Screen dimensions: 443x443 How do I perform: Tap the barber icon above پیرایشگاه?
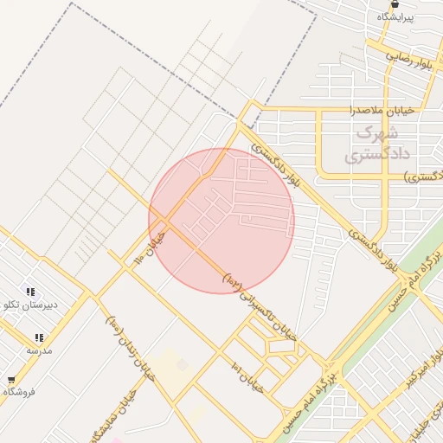click(395, 4)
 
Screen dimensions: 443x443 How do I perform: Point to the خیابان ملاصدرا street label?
click(382, 110)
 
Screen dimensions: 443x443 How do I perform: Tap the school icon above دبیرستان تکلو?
click(31, 292)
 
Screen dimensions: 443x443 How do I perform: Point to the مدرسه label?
click(39, 350)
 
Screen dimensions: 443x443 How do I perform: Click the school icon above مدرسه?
click(38, 337)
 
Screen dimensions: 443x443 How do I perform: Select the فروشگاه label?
click(19, 392)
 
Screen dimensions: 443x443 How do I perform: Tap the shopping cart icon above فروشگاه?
click(10, 379)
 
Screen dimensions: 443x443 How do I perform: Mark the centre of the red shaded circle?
click(221, 221)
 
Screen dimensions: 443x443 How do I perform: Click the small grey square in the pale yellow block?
click(183, 365)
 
